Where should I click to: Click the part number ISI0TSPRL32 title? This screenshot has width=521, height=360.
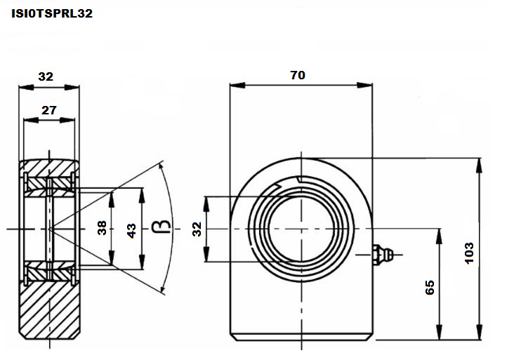52,13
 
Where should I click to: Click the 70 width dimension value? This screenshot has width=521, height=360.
298,75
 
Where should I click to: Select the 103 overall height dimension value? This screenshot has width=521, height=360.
469,253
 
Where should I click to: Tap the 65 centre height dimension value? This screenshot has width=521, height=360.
430,287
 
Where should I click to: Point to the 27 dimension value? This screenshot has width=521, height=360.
49,110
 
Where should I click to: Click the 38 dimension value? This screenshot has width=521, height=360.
102,228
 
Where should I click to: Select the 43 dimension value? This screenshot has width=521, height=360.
131,231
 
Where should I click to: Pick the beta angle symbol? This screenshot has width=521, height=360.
161,227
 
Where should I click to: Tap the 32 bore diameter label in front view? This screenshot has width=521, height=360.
197,229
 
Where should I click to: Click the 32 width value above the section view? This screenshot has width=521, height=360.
46,76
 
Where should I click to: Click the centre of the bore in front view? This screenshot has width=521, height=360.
301,229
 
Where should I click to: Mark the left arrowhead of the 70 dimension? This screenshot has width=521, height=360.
237,86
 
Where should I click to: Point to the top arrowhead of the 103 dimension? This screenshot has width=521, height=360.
479,166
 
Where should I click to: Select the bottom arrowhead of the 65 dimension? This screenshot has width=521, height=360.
439,333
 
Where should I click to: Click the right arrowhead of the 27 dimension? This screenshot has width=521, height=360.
67,120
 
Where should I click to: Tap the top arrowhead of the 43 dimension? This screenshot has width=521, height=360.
142,195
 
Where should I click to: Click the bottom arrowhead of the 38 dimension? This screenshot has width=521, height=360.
112,258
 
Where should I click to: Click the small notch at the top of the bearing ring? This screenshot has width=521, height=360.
299,180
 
